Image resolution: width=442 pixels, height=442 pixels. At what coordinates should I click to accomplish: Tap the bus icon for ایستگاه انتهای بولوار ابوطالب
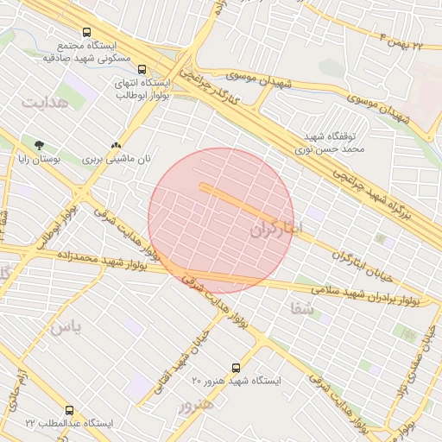[142, 71]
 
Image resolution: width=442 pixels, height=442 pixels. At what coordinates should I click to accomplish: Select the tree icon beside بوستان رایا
[38, 145]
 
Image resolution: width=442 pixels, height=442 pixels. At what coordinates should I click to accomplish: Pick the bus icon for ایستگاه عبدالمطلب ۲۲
[69, 410]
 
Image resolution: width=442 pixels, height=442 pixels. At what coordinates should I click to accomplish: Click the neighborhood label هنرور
[194, 405]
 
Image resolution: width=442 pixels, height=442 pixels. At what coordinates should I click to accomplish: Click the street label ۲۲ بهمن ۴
[401, 40]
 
